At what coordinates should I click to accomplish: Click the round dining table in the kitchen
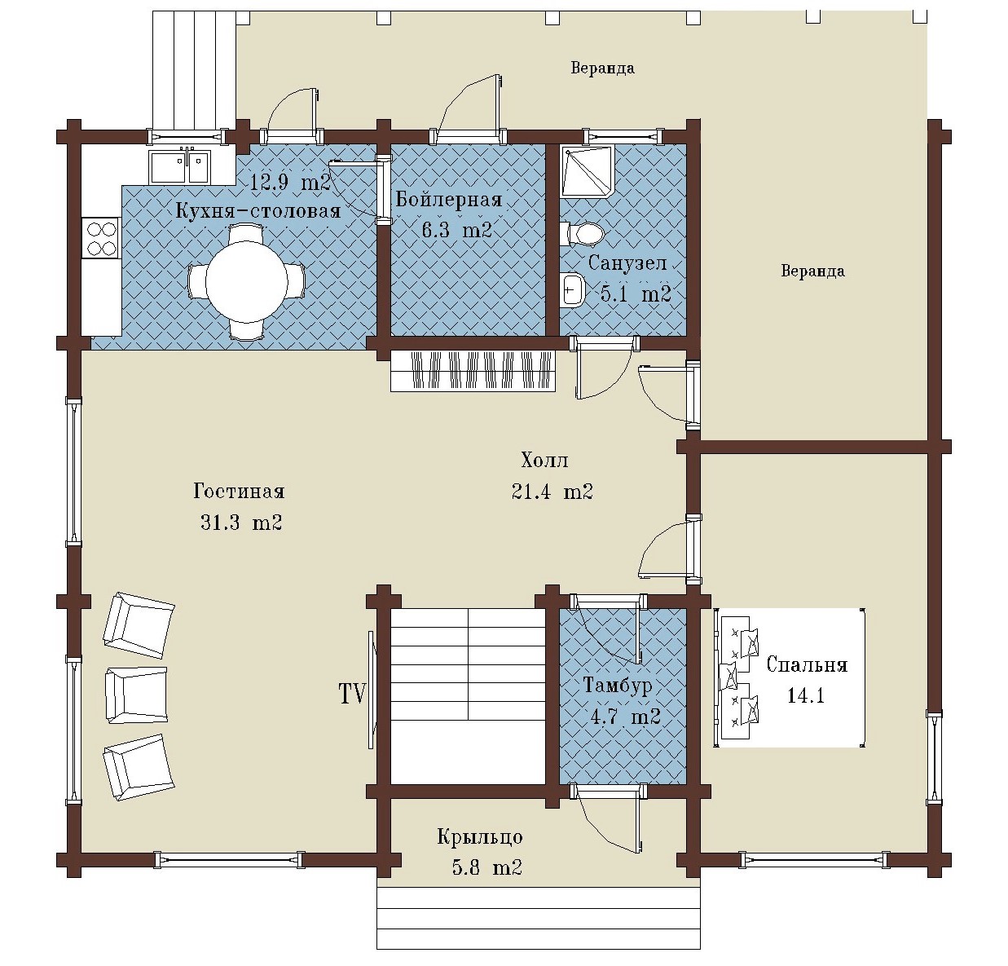click(x=247, y=282)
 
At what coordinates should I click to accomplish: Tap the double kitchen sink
click(x=180, y=166)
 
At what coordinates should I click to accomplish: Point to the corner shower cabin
click(x=588, y=171)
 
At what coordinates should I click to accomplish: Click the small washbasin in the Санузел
click(x=572, y=289)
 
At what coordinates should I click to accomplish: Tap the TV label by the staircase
click(x=352, y=694)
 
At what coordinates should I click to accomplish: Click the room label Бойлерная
click(x=449, y=200)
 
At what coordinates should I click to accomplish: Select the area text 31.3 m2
click(x=241, y=523)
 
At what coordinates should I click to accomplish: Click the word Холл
click(x=544, y=460)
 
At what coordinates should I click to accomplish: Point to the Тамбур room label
click(x=618, y=685)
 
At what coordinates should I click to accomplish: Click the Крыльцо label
click(x=480, y=837)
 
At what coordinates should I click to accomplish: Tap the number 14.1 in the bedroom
click(x=805, y=696)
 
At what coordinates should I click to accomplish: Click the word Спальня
click(x=807, y=664)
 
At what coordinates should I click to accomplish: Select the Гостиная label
click(x=240, y=491)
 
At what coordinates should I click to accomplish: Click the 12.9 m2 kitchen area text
click(x=290, y=182)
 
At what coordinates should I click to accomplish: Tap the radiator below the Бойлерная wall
click(x=473, y=371)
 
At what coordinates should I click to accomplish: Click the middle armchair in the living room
click(x=137, y=695)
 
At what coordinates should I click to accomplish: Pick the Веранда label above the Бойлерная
click(x=603, y=68)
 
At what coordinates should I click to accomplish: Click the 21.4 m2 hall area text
click(x=552, y=492)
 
